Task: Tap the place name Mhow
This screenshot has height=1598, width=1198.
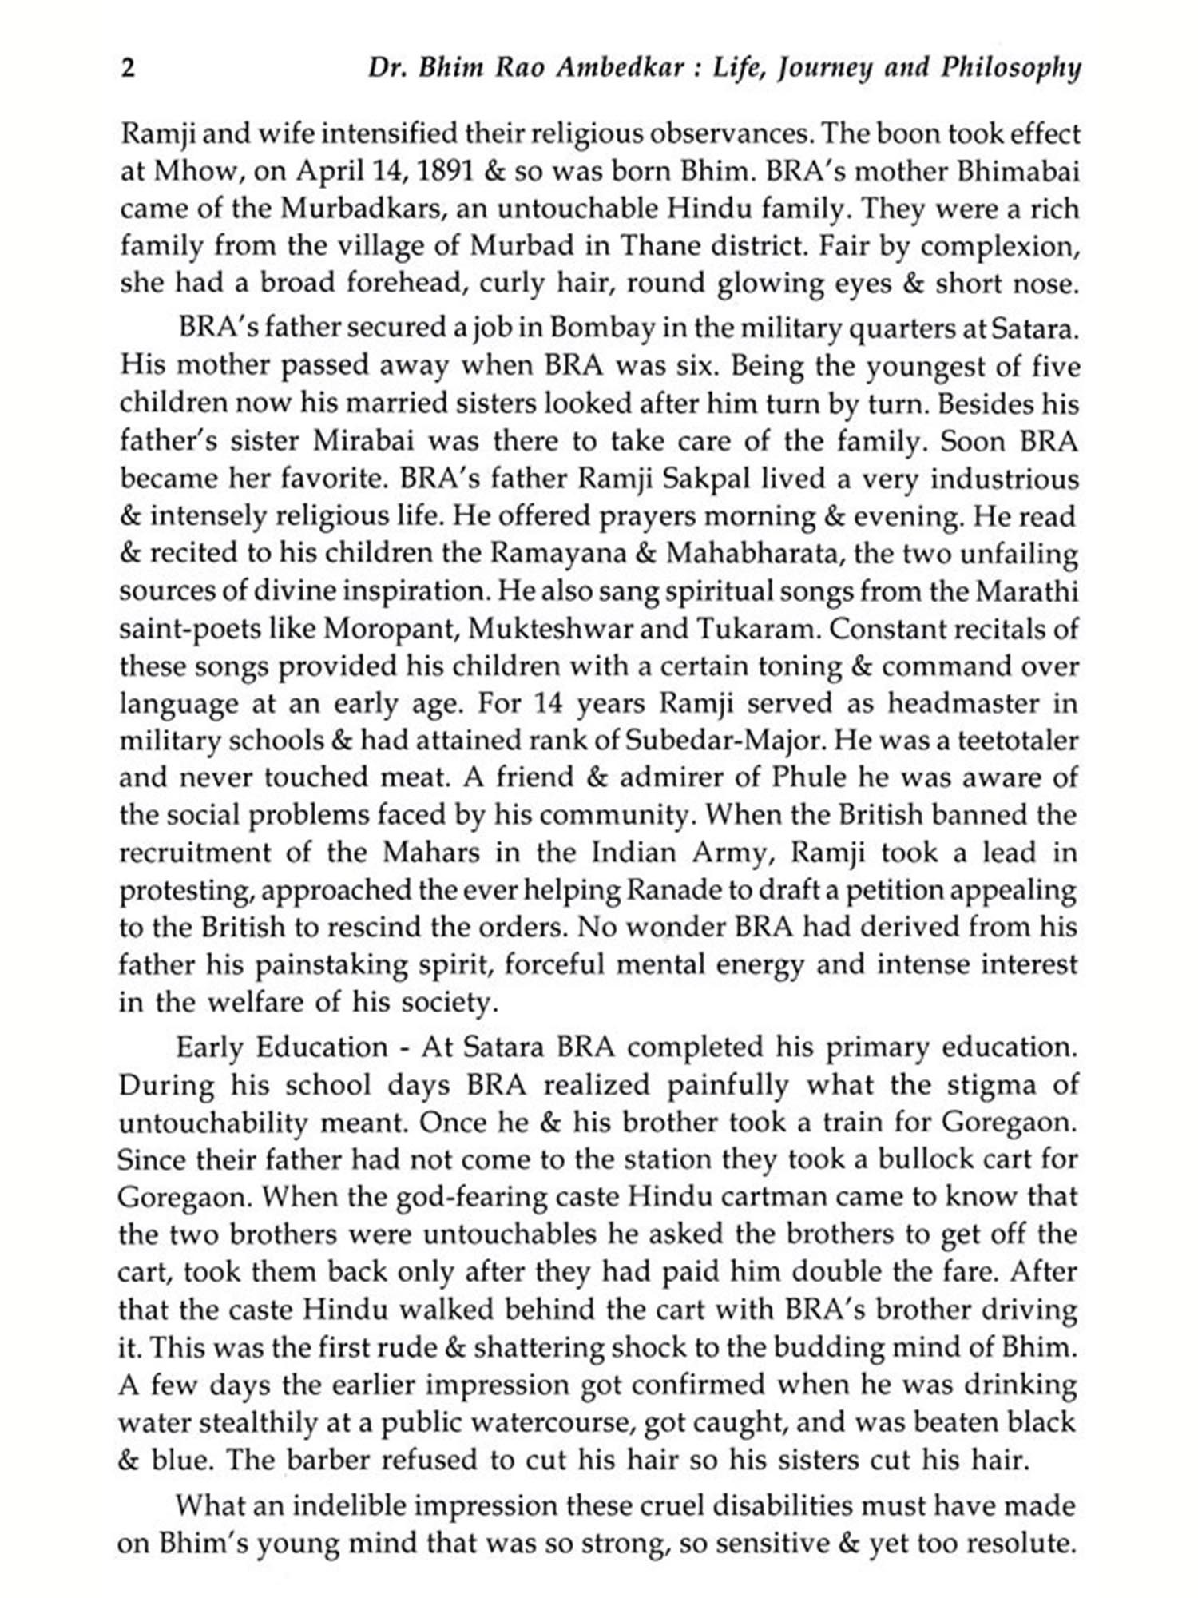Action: click(188, 172)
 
